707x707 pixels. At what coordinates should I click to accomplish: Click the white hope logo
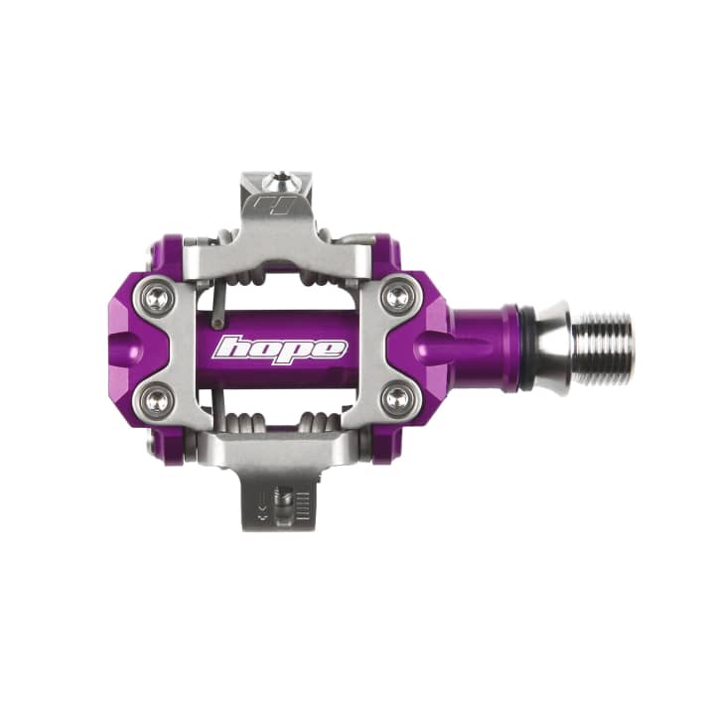tap(281, 349)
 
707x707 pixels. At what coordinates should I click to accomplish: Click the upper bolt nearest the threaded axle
tap(396, 295)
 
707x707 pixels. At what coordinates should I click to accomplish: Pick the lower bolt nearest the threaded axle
tap(396, 400)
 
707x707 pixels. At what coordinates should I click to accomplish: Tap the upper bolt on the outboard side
tap(158, 295)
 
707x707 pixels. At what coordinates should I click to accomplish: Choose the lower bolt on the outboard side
tap(158, 400)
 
